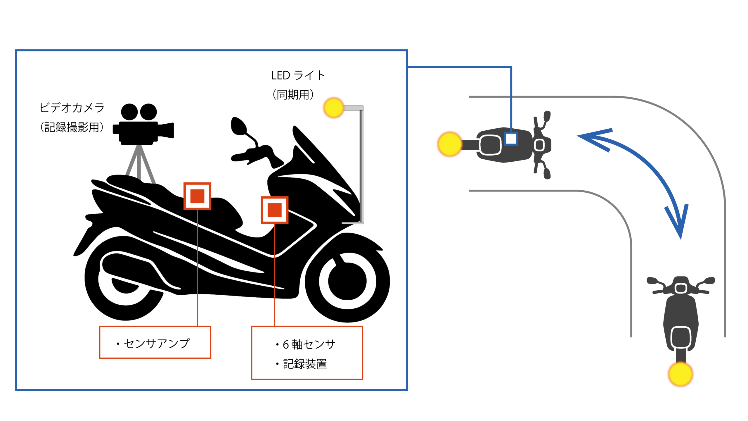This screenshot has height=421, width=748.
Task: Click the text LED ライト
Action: [x=298, y=75]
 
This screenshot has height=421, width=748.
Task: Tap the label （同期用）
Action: [x=293, y=95]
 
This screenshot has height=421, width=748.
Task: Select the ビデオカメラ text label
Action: [x=72, y=108]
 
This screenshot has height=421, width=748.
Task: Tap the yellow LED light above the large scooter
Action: [x=333, y=108]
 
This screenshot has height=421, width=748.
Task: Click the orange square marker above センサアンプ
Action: [x=197, y=196]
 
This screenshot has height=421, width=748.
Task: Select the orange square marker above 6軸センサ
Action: [x=274, y=210]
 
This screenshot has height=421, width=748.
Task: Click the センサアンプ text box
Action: [x=155, y=342]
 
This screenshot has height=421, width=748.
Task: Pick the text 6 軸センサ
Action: [x=309, y=344]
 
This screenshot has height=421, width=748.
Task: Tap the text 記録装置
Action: [x=305, y=364]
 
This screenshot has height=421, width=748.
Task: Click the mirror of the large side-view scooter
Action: [x=238, y=126]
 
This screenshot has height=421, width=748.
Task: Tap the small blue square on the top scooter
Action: [x=511, y=139]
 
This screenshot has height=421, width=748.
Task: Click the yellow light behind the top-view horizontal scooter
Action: [x=450, y=144]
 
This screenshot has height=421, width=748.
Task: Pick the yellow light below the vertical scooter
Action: [x=681, y=374]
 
